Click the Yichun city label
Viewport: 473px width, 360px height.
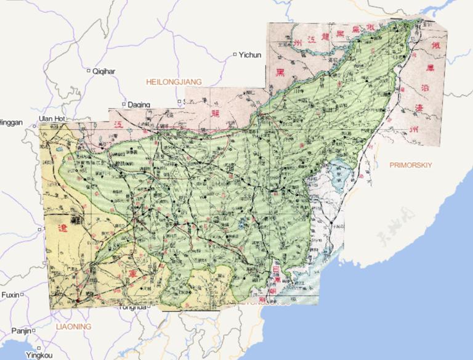tap(251, 55)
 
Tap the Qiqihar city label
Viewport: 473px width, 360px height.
tap(103, 72)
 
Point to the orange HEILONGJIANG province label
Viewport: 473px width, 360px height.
tap(174, 81)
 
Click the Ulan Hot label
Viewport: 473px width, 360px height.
tap(51, 118)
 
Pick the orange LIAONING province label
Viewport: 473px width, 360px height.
tap(73, 325)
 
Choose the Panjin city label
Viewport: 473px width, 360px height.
tap(20, 331)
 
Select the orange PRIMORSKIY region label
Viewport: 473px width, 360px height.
tap(412, 165)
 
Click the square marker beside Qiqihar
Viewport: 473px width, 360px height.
tap(88, 70)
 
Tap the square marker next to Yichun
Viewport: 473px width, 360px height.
tap(235, 54)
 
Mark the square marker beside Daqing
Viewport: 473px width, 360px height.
tap(124, 104)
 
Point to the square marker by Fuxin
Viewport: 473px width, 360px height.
tap(22, 295)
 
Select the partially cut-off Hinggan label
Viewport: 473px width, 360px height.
tap(10, 123)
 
